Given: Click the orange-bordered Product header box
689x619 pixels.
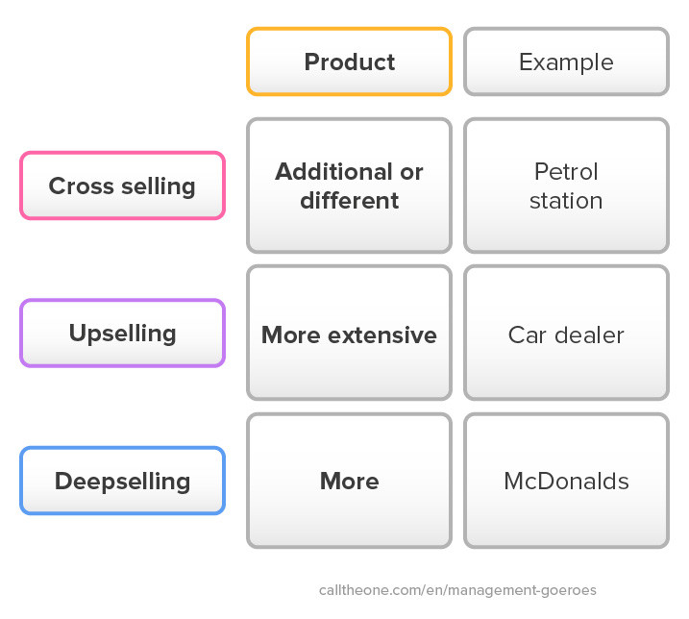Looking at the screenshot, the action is point(350,62).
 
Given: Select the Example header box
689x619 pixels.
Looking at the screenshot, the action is point(566,62).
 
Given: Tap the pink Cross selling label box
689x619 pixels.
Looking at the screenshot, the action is point(123,186).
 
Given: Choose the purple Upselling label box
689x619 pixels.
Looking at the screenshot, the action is point(123,334).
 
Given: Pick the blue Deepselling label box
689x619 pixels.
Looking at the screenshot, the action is point(123,481).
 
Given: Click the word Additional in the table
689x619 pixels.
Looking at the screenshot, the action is point(334,171).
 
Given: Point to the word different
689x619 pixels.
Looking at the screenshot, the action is point(350,201).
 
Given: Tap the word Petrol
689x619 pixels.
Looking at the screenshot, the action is point(566,171).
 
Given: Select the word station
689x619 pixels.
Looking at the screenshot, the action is point(566,201).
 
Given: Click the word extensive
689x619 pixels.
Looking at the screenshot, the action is point(382,335).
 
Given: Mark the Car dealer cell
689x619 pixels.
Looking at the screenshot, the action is point(566,333).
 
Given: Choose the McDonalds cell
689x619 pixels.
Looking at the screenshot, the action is point(566,481).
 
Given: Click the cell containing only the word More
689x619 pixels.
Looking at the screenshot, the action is point(350,481).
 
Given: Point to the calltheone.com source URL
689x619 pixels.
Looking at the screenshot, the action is point(457,590).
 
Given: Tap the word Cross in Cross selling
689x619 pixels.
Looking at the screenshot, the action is point(82,186).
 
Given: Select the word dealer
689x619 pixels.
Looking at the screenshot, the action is point(589,335).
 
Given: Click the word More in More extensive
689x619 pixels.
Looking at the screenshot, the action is point(291,335).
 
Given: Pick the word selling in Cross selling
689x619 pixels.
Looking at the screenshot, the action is point(159,186).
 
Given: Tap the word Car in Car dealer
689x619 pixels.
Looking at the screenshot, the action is point(528,335).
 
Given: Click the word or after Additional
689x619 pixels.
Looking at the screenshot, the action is point(411,172).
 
